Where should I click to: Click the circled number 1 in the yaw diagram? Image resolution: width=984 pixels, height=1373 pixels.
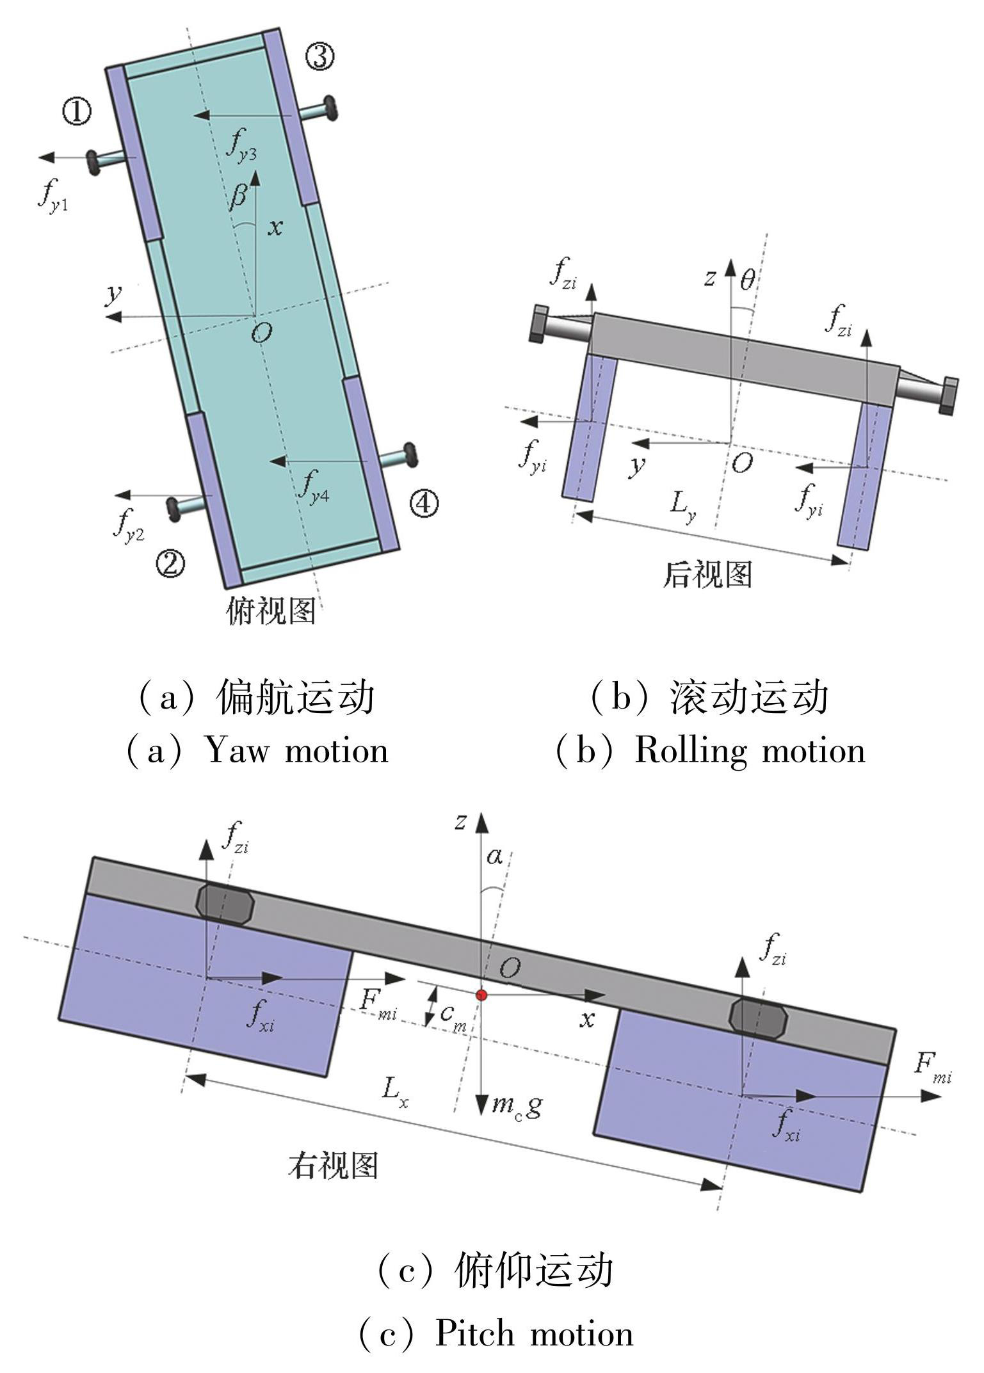coord(76,111)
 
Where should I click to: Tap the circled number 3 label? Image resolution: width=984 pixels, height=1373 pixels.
coord(319,56)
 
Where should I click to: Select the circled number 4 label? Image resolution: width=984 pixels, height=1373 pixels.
coord(424,504)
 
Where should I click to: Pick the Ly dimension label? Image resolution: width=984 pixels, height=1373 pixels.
coord(682,506)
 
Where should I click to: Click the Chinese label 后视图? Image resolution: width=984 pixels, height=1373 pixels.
coord(707,574)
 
